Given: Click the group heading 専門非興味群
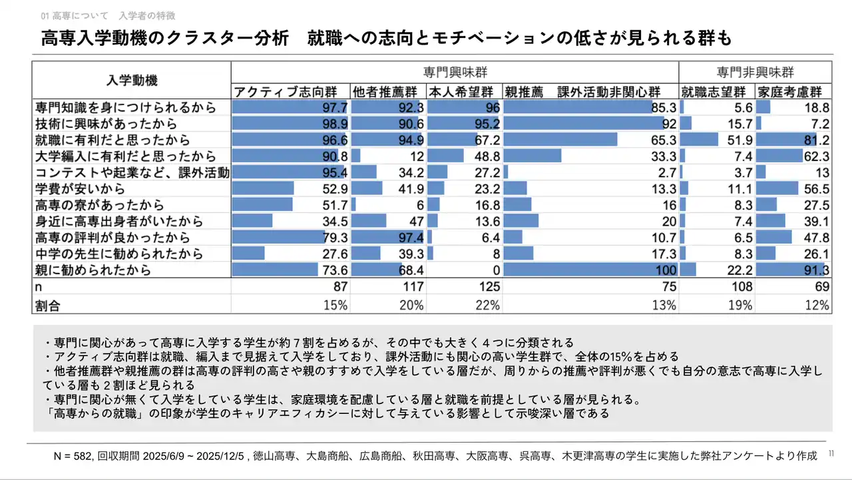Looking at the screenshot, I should pyautogui.click(x=755, y=72).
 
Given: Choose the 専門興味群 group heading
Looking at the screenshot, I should pyautogui.click(x=454, y=72).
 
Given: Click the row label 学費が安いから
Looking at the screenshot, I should pyautogui.click(x=79, y=189).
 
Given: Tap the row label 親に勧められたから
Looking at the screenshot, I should pyautogui.click(x=93, y=270).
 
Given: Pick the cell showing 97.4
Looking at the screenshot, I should pyautogui.click(x=411, y=238).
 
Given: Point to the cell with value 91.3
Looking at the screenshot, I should pyautogui.click(x=816, y=270).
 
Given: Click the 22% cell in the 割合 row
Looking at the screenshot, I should pyautogui.click(x=487, y=305).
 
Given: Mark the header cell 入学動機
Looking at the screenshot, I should pyautogui.click(x=132, y=81).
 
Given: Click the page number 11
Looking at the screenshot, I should pyautogui.click(x=831, y=453).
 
